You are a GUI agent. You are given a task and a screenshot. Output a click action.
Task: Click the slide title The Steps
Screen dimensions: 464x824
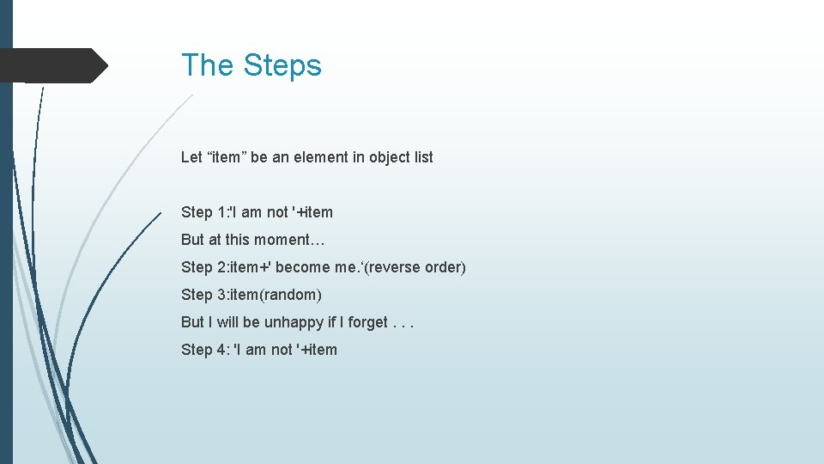(251, 65)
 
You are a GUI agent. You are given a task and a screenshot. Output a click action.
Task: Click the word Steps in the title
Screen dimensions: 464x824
(282, 65)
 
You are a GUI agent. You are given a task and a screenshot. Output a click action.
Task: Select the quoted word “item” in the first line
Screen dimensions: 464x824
(226, 157)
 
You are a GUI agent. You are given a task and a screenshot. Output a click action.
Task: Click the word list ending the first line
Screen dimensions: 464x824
(423, 157)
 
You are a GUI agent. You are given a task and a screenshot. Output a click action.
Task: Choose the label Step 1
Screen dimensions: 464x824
(204, 212)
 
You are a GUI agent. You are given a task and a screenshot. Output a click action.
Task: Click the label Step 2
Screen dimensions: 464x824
(204, 267)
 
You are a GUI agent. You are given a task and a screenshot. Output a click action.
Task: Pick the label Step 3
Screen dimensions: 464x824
(204, 295)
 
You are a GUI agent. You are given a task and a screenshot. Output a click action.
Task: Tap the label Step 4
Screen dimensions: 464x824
(204, 350)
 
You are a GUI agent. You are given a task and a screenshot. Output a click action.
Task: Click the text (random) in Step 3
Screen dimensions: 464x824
(290, 295)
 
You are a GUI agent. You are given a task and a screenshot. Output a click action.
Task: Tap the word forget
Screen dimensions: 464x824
(368, 322)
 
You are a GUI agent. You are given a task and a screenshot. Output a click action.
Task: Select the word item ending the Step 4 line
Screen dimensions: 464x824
(322, 350)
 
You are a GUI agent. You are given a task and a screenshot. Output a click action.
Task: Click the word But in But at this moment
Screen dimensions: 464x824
(192, 240)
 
